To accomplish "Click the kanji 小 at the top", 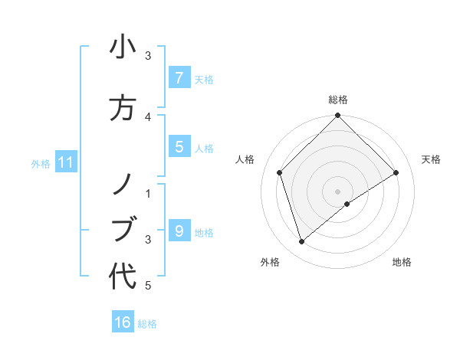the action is (x=123, y=48).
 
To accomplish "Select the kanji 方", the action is (x=123, y=108).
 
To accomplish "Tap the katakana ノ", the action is (x=123, y=183).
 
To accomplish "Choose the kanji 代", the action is (x=123, y=277).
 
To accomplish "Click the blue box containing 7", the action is (x=179, y=77).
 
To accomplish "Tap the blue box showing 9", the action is (x=179, y=231).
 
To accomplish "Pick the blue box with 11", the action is (x=65, y=162).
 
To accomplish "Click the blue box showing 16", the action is (x=123, y=322).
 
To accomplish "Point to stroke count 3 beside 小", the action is (x=148, y=56).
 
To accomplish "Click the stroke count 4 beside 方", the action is (x=148, y=116).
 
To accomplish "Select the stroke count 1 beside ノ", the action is (x=148, y=193).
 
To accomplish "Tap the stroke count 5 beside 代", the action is (x=148, y=286).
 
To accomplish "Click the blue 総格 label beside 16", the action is (x=147, y=324).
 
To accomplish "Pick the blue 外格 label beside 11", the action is (x=41, y=163).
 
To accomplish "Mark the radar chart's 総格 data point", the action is (x=337, y=116).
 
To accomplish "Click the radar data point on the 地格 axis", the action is (x=347, y=204).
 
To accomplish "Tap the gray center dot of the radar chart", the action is (x=337, y=191).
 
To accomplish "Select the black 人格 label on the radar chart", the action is (x=245, y=159).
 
